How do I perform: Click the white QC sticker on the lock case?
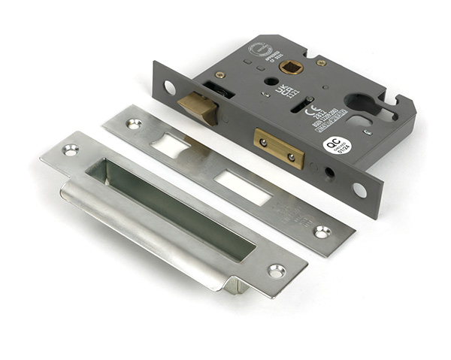tap(337, 144)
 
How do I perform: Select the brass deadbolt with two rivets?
tap(279, 148)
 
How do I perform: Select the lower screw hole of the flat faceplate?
tap(322, 231)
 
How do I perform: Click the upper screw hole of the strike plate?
tap(71, 150)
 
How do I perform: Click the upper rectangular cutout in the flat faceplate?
tap(171, 146)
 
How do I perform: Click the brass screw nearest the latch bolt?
tap(220, 74)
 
